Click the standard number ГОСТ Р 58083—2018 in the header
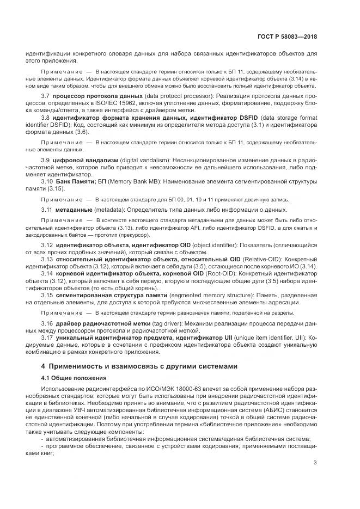click(288, 37)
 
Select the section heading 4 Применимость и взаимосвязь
click(139, 366)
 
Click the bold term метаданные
click(72, 210)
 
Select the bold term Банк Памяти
click(76, 181)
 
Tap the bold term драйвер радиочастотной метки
click(96, 323)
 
